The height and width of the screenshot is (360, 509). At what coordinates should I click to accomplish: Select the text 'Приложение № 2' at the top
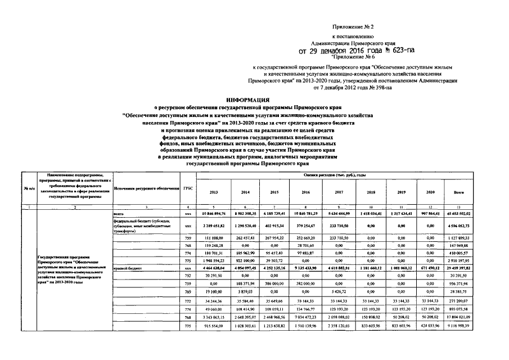point(352,26)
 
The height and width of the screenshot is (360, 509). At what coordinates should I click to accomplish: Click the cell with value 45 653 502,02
point(458,214)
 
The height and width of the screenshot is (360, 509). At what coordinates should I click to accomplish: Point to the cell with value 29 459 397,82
point(458,269)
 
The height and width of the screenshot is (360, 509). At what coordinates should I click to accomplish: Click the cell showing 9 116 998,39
point(458,327)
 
